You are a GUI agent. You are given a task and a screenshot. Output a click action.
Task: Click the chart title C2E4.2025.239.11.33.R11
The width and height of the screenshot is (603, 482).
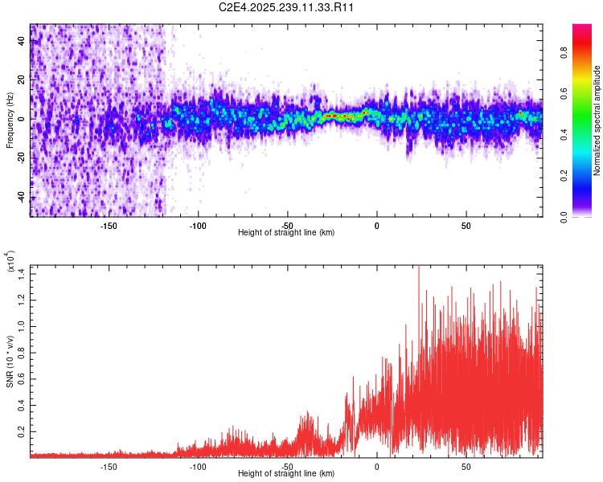(287, 7)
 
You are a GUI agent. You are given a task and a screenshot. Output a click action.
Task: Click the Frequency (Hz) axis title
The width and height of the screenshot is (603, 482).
(10, 119)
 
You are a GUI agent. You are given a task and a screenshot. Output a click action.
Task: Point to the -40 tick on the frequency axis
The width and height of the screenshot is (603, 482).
(22, 197)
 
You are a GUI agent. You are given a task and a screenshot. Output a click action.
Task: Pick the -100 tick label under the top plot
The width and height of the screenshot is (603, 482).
(198, 225)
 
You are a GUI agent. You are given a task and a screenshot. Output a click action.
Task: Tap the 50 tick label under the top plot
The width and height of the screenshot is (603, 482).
(466, 225)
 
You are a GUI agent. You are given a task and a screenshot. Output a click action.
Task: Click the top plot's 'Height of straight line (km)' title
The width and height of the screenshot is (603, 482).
(286, 232)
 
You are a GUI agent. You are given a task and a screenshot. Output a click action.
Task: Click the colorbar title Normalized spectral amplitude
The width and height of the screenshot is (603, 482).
(597, 120)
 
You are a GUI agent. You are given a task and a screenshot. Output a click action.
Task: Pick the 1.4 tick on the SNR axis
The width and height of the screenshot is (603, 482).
(22, 275)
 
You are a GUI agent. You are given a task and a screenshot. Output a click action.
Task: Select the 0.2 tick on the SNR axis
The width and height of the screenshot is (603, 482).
(22, 431)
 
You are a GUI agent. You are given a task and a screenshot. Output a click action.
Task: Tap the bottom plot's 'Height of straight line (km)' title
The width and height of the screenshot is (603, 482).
(286, 474)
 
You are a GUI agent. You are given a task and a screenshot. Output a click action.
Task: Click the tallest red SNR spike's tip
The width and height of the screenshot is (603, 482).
(419, 268)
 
